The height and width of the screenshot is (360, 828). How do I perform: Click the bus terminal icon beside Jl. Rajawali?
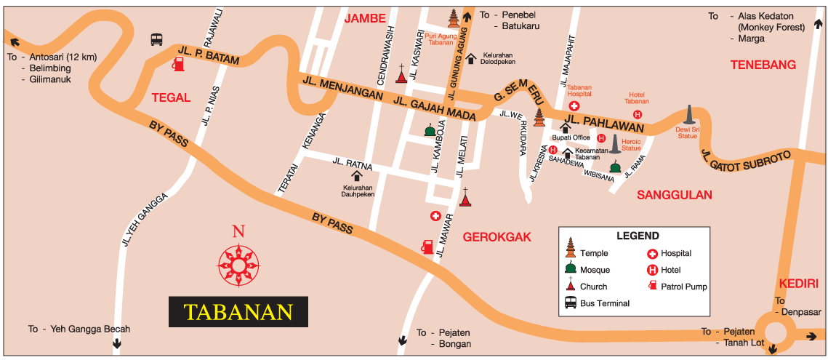coord(156,39)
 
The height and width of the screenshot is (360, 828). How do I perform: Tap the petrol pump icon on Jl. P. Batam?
coord(177,64)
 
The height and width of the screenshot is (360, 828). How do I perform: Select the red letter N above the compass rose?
coord(238,232)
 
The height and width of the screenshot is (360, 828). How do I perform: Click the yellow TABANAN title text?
coord(238,311)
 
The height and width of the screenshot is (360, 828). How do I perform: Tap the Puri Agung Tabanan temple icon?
coord(454,18)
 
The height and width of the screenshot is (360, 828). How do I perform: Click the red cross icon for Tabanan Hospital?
coord(574,107)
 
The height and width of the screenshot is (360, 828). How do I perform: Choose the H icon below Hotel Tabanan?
coord(638,115)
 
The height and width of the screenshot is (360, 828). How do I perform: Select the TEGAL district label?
coord(170,97)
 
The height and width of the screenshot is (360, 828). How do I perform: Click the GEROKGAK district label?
coord(497,237)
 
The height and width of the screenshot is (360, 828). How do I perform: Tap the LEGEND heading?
coord(638,236)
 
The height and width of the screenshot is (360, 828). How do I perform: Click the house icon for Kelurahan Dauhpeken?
coord(357,175)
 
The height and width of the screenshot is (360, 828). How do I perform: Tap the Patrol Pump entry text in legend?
coord(684,287)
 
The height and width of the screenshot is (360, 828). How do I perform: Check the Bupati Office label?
coord(571,137)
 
